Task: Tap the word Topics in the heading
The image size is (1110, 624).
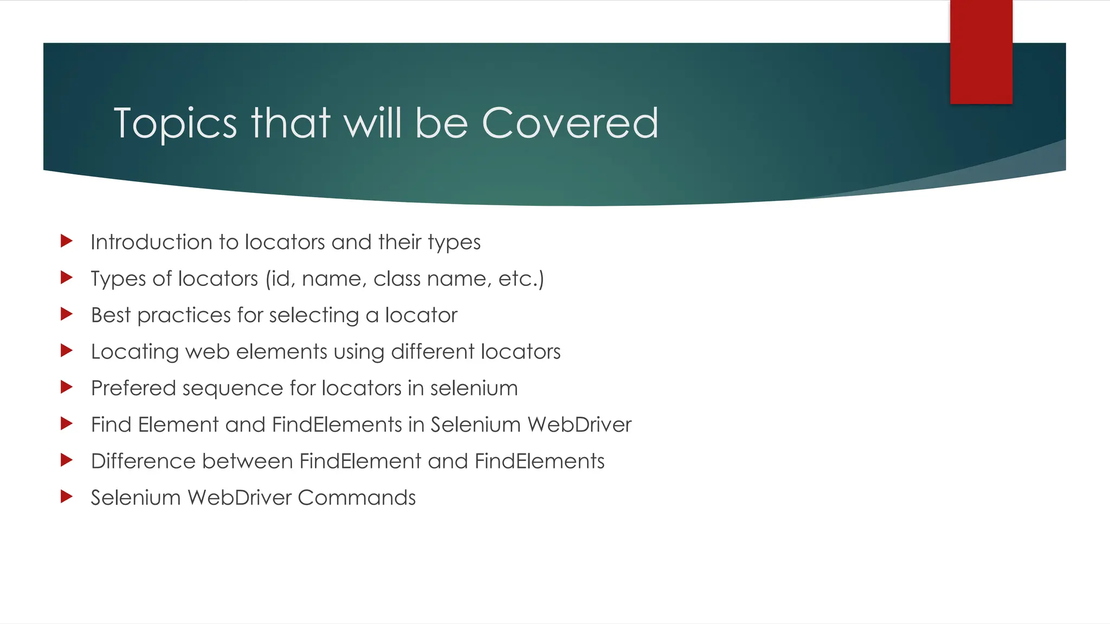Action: click(x=175, y=124)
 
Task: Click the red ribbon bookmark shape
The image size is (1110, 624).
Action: click(x=981, y=51)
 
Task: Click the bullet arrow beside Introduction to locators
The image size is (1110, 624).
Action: click(x=67, y=241)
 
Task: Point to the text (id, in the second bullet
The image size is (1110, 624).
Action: click(x=280, y=279)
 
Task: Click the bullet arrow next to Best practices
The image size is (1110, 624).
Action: click(x=67, y=314)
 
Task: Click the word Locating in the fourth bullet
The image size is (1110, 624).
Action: click(x=135, y=352)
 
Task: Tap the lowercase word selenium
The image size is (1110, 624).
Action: click(x=474, y=388)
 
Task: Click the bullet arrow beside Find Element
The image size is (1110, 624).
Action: click(x=67, y=424)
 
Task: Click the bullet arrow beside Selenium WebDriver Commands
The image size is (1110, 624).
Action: click(x=67, y=497)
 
